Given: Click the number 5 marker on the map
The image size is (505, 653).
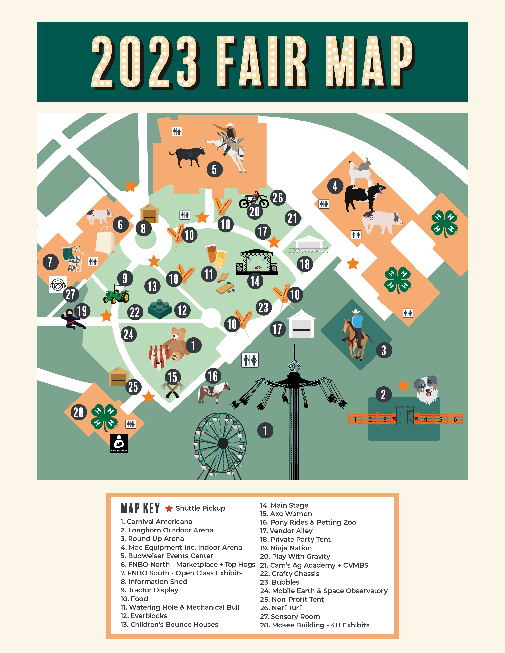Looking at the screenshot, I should pyautogui.click(x=214, y=170).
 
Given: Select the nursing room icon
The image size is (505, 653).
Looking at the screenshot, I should pyautogui.click(x=119, y=443).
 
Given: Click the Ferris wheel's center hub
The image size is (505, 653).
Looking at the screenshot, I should pyautogui.click(x=223, y=443).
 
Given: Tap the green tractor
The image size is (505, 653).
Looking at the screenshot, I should pyautogui.click(x=117, y=294).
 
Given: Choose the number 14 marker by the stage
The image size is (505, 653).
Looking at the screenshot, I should pyautogui.click(x=255, y=281).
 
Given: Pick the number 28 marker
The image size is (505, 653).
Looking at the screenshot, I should pyautogui.click(x=78, y=412).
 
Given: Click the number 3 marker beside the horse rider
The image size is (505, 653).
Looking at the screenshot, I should pyautogui.click(x=384, y=350).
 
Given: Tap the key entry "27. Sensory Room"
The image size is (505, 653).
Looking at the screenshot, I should pyautogui.click(x=290, y=617).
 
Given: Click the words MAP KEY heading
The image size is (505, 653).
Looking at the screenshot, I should pyautogui.click(x=140, y=508).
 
